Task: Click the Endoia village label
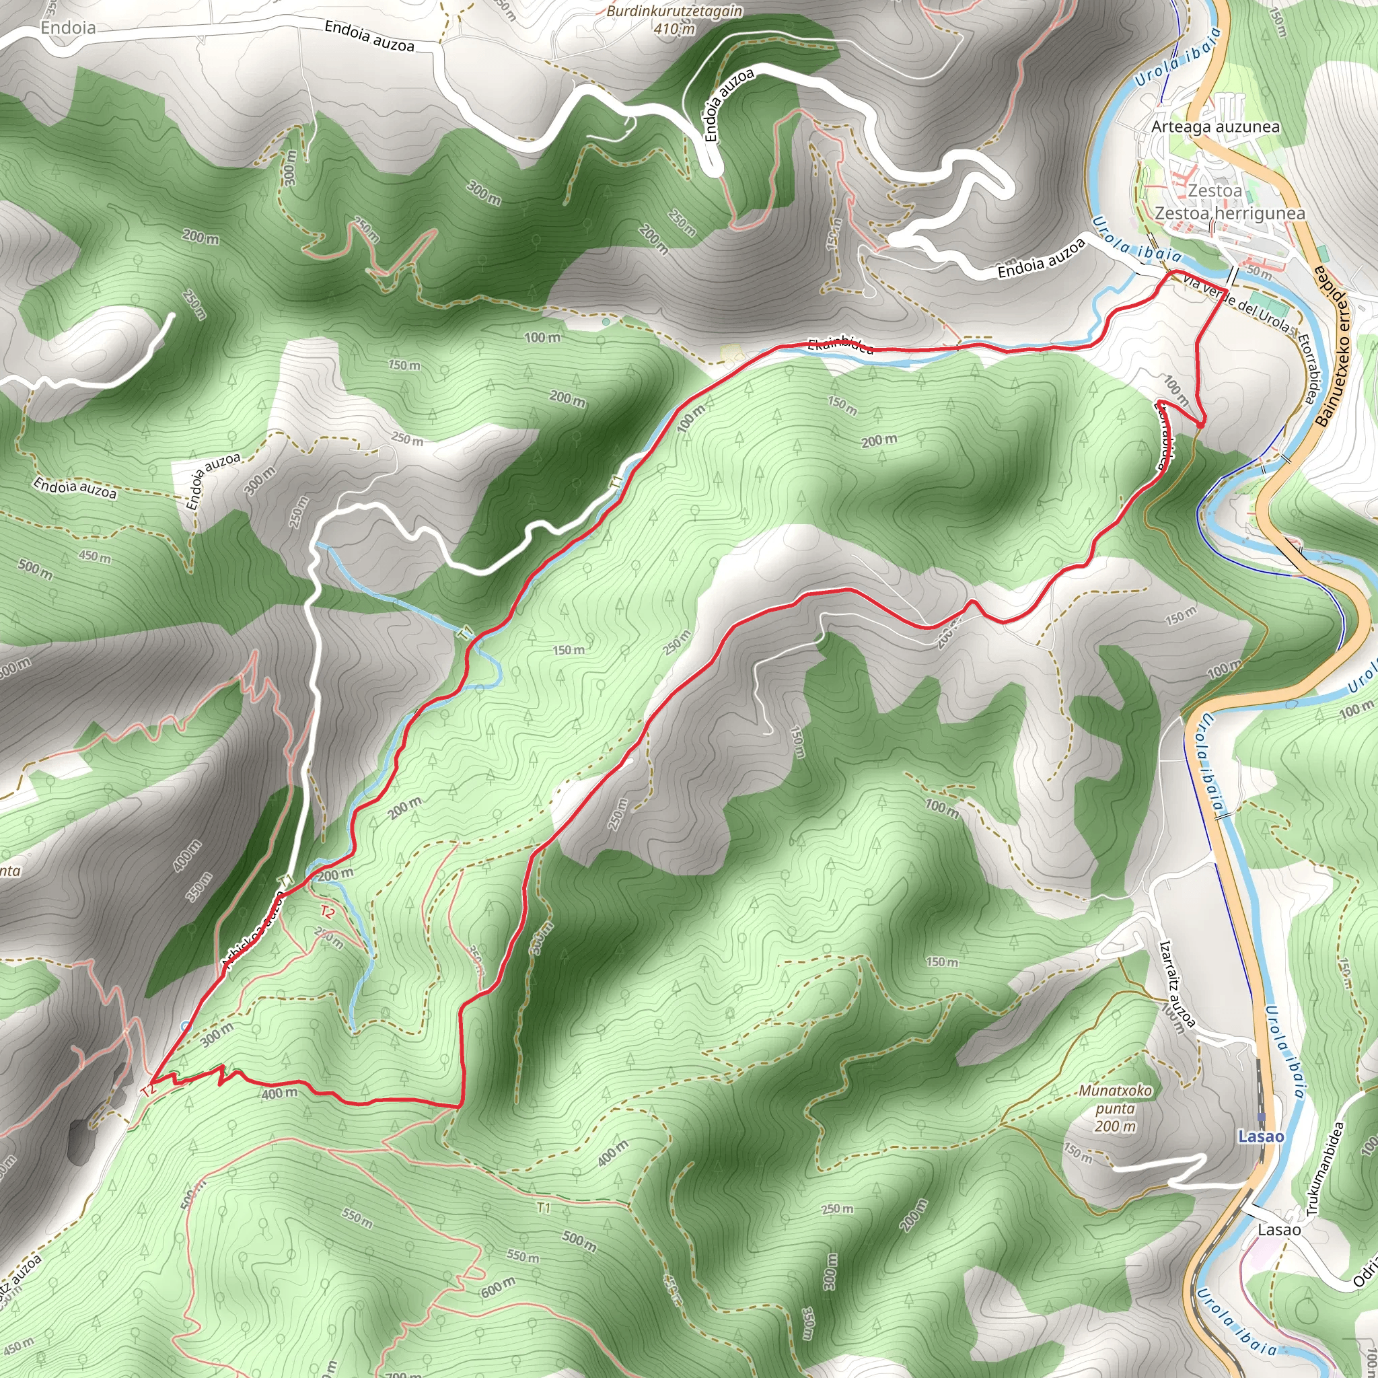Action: (x=68, y=28)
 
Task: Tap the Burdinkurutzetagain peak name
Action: (x=674, y=11)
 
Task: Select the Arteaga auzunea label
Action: (x=1215, y=127)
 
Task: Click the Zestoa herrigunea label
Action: (x=1230, y=213)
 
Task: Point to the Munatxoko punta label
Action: (x=1115, y=1100)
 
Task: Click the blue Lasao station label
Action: (x=1260, y=1136)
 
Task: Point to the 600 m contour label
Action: (x=497, y=1286)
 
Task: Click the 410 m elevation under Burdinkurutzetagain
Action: (x=674, y=29)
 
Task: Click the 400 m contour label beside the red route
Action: (x=279, y=1093)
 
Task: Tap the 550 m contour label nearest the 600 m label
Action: (x=522, y=1256)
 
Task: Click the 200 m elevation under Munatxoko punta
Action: (x=1115, y=1126)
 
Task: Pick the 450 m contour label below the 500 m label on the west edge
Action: (x=94, y=556)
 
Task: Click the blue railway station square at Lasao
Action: (x=1261, y=1117)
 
